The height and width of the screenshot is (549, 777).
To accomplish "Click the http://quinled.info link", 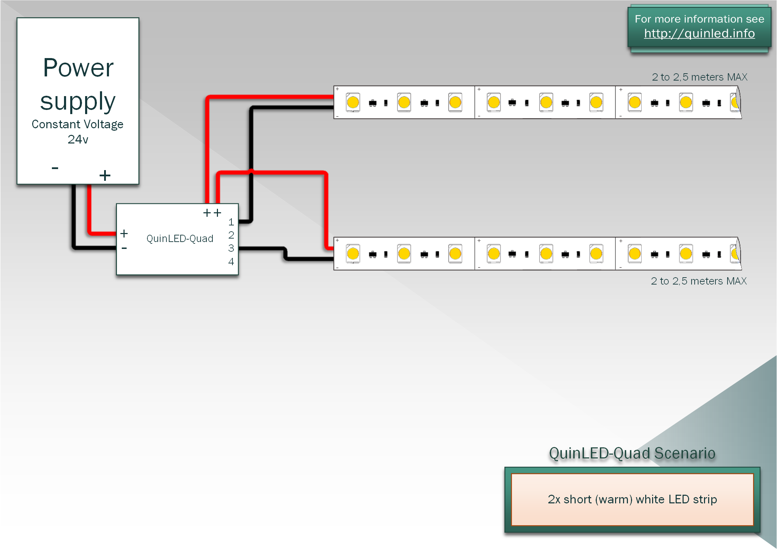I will click(699, 34).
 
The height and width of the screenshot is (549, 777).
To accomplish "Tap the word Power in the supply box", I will click(78, 68).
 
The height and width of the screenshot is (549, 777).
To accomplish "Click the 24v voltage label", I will click(78, 139).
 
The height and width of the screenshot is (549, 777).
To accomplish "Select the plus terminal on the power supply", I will click(105, 175).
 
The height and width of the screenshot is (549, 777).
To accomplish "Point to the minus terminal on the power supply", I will click(55, 168).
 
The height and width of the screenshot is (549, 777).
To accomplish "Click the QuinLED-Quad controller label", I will click(180, 239).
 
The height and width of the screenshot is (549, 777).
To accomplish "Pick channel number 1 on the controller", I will click(231, 222).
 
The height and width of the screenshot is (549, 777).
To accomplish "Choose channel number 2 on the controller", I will click(231, 235).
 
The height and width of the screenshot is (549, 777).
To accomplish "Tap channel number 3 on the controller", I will click(231, 248).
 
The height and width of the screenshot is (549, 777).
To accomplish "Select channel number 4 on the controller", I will click(231, 262).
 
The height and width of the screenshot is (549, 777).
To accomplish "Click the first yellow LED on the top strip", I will click(353, 102).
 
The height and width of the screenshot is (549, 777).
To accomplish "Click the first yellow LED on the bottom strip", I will click(353, 254).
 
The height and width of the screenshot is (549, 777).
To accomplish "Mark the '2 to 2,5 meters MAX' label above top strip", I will click(700, 77).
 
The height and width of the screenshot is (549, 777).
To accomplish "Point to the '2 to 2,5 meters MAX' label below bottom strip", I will click(698, 281).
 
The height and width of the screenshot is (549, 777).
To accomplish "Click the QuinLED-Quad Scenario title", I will click(632, 453).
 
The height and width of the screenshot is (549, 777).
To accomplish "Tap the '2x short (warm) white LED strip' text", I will click(632, 499).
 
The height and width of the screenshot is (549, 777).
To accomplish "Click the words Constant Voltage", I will click(77, 124).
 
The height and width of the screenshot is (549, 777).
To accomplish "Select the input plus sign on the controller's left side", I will click(124, 234).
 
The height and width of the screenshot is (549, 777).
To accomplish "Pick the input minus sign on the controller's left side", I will click(124, 248).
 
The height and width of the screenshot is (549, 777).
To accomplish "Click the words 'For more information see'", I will click(699, 19).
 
